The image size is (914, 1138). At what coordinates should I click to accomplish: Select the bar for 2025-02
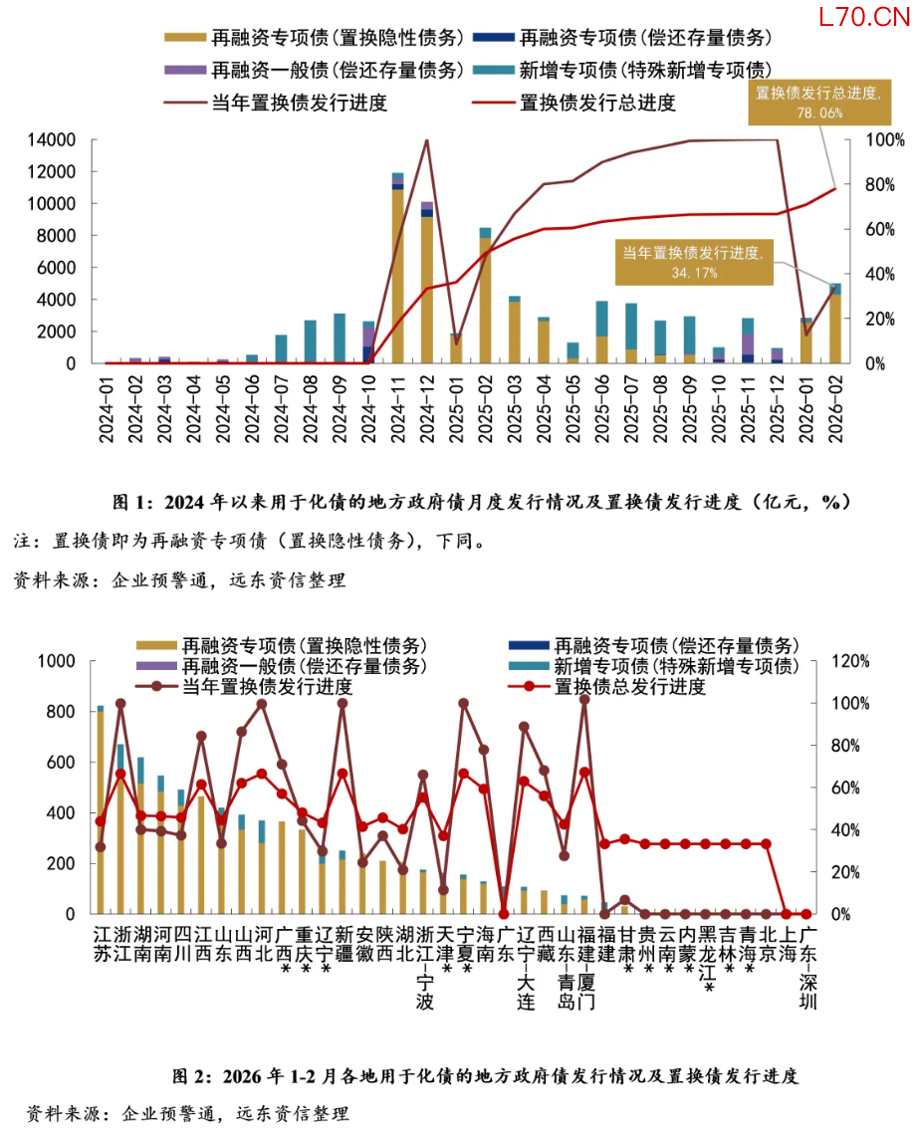pos(485,299)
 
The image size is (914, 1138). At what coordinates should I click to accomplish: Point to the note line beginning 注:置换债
pos(250,542)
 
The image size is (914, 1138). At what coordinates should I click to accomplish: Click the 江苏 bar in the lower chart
pos(100,811)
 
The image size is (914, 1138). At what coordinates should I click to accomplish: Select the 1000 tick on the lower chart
pos(57,661)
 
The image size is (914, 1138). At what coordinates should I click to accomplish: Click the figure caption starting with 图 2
pos(486,1076)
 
